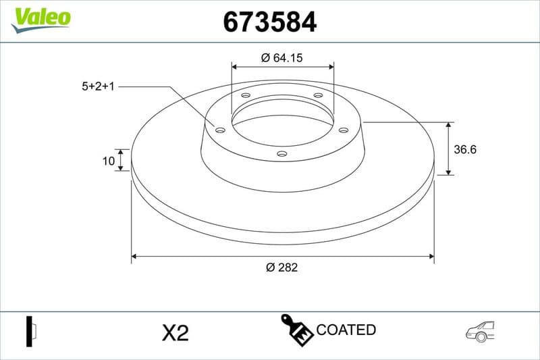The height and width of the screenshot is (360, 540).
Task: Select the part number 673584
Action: [x=269, y=22]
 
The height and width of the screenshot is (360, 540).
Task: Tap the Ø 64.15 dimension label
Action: [x=281, y=58]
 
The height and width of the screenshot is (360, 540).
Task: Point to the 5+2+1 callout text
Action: [x=99, y=86]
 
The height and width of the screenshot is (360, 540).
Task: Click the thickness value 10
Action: [x=107, y=161]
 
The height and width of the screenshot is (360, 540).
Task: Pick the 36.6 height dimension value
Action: [x=465, y=150]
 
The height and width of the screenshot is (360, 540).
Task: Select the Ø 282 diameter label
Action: [x=281, y=267]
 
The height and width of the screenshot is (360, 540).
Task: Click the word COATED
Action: [x=346, y=330]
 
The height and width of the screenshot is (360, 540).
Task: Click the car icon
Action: [x=480, y=330]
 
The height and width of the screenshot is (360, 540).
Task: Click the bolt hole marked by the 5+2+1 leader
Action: [x=220, y=129]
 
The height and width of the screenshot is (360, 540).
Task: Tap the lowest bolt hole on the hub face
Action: [x=282, y=154]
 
